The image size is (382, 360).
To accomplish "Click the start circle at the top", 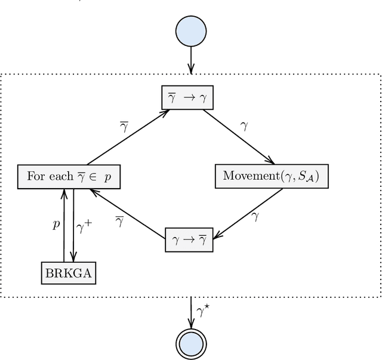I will tap(191, 31).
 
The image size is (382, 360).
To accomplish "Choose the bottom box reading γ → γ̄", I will tap(189, 239).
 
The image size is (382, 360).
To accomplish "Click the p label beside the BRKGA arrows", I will tap(56, 224).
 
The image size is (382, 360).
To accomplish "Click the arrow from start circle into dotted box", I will tap(191, 60).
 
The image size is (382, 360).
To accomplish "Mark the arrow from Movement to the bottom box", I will tap(248, 213).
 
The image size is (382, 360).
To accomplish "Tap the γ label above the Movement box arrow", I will tap(244, 126).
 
